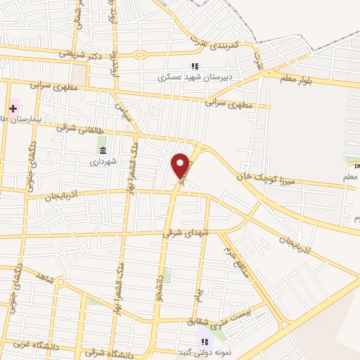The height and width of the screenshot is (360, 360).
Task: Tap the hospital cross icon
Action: click(13, 108)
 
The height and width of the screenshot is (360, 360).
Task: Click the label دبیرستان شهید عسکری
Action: click(194, 78)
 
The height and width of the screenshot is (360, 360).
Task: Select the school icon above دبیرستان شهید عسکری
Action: click(194, 66)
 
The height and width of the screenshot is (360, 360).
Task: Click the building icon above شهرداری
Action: click(103, 151)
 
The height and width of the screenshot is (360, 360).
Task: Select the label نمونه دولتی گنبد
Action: click(205, 352)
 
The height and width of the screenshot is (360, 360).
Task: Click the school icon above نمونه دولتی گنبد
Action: click(205, 341)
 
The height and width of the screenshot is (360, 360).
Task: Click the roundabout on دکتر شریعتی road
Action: click(139, 55)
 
